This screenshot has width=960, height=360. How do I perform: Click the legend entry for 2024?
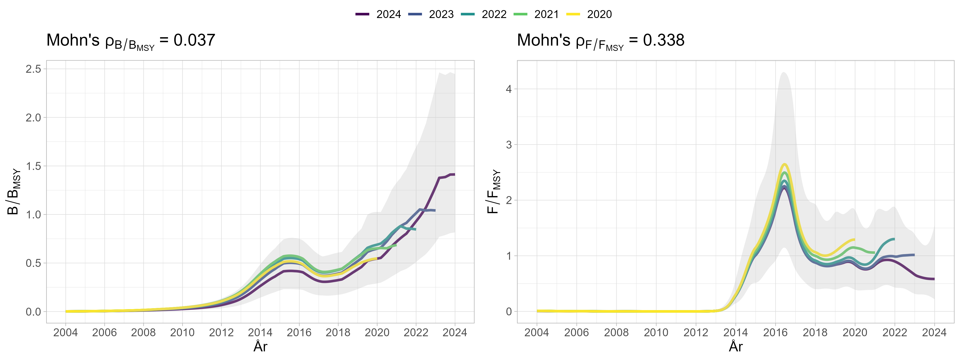378,14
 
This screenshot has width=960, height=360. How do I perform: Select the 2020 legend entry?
588,14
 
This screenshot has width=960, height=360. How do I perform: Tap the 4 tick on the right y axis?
509,89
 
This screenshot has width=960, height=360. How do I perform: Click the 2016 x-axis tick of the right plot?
775,332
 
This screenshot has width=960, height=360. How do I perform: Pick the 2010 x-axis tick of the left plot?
182,332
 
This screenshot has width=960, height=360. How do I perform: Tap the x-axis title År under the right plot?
735,347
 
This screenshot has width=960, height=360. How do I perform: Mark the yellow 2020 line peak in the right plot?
785,164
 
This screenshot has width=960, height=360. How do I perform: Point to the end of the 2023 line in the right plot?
914,255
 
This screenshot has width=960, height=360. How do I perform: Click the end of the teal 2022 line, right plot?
894,239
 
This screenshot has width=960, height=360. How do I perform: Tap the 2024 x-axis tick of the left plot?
455,332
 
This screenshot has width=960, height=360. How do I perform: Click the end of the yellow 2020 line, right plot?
854,239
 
